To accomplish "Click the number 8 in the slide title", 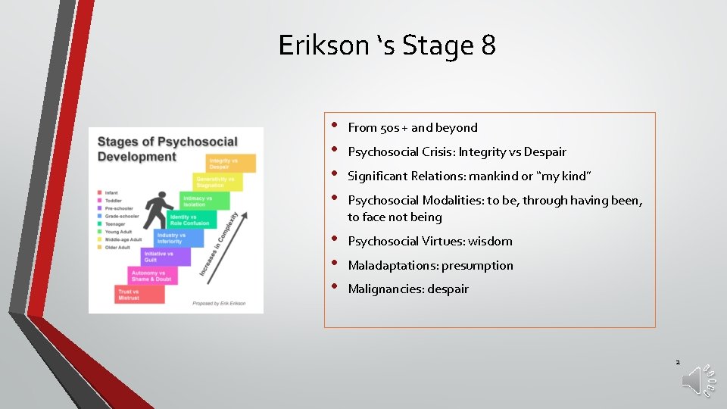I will [488, 45].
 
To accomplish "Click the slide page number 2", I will [678, 362].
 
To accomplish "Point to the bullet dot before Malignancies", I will [335, 287].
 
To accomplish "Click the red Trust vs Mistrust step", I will [140, 294].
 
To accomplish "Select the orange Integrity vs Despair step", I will [232, 163].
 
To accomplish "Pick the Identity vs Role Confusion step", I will [191, 220].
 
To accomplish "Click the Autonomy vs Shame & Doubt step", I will [151, 276].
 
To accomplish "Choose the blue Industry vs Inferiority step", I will [179, 238].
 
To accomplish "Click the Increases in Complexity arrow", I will [220, 242].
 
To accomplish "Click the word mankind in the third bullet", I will [494, 176].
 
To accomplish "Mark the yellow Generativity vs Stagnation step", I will [218, 182].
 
